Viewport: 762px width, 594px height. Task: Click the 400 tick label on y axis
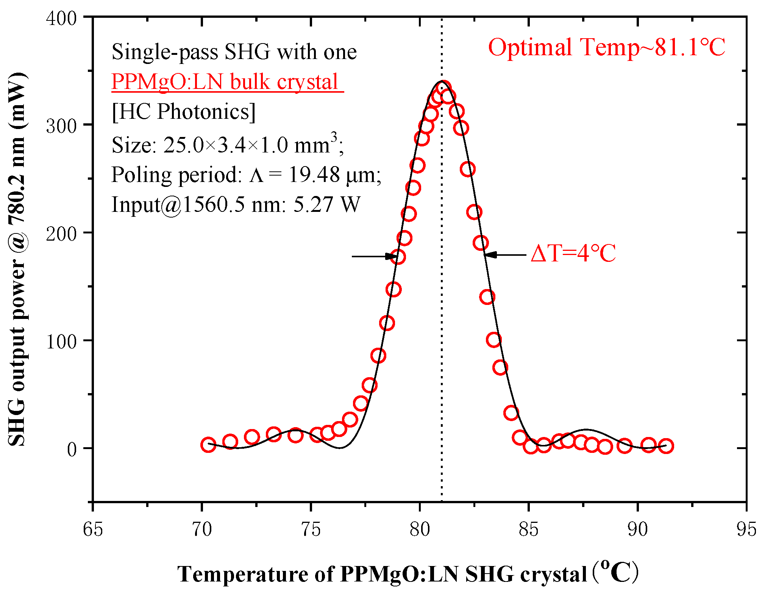(x=61, y=18)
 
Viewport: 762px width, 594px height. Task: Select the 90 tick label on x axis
(x=637, y=529)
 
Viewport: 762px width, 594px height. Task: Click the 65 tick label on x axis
(x=93, y=529)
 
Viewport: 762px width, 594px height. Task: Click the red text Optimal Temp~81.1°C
(x=606, y=48)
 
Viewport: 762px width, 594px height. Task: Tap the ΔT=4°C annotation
(x=573, y=253)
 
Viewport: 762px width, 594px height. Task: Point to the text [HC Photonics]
(x=184, y=112)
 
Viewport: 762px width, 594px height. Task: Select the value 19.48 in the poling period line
(x=314, y=175)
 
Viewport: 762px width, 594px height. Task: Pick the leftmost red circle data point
(x=208, y=445)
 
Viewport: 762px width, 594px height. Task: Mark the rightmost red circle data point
(x=666, y=446)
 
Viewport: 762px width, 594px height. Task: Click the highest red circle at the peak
(x=443, y=89)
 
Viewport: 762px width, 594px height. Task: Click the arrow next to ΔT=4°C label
(x=506, y=255)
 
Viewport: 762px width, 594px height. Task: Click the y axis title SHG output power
(x=17, y=260)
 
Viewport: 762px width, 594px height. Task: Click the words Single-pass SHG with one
(x=234, y=52)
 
